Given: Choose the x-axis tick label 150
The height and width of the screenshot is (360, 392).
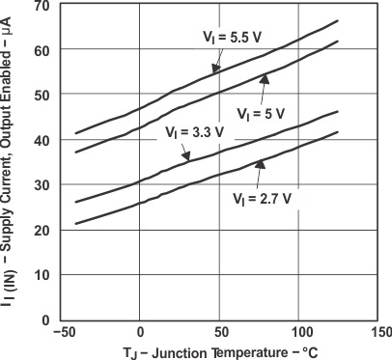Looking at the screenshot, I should click(x=378, y=333).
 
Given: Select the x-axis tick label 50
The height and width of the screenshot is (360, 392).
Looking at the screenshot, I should click(x=220, y=333).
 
